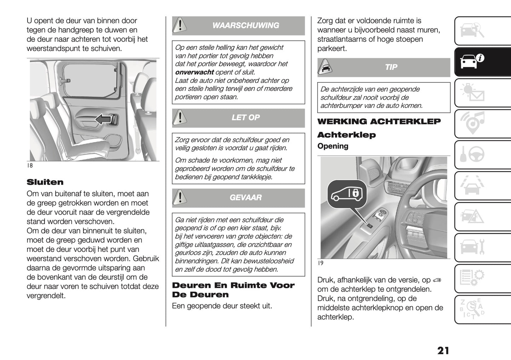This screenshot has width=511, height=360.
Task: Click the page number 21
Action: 443,350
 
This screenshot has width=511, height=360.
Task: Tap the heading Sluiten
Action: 45,182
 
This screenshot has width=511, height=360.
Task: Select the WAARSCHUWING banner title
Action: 245,25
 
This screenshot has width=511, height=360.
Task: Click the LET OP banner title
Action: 245,117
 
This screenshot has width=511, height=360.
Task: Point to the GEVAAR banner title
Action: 245,197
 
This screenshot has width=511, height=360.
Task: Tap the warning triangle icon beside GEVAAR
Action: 180,197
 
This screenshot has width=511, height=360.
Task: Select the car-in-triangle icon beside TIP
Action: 325,67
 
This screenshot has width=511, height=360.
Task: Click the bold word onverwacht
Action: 194,72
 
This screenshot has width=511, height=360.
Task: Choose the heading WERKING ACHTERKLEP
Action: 379,122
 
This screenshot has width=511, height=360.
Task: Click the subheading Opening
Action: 332,146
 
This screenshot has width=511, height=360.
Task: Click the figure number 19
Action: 321,263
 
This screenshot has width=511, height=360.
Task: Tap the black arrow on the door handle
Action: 104,120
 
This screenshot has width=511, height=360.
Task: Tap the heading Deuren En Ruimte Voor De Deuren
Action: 233,290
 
